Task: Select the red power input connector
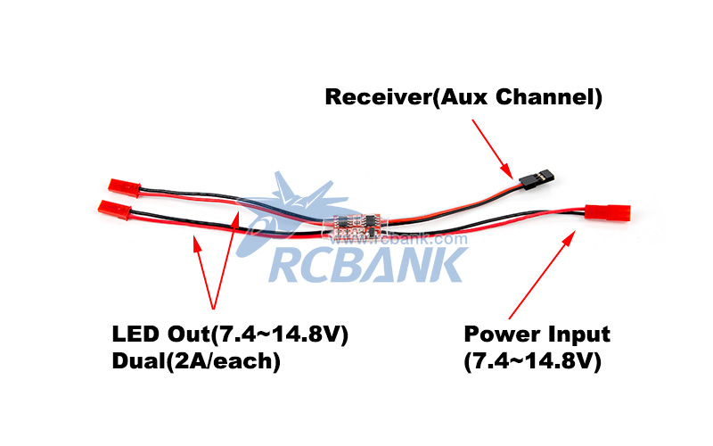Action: [x=608, y=214]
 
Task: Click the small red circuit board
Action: [x=356, y=225]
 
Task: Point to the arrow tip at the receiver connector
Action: [x=511, y=176]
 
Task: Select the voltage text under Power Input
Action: [x=532, y=361]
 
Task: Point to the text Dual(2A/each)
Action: [x=195, y=361]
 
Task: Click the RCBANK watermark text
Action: [x=365, y=264]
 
